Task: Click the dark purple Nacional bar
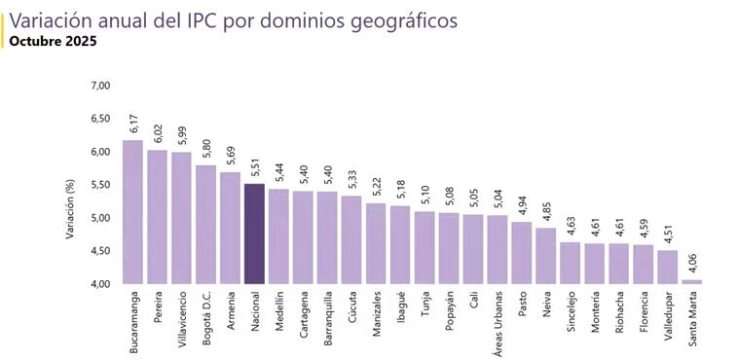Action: click(x=253, y=234)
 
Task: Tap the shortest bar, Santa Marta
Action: click(x=691, y=281)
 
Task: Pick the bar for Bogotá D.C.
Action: click(x=205, y=224)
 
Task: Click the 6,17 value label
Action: click(x=133, y=125)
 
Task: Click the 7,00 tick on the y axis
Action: click(x=100, y=86)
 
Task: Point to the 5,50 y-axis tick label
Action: click(x=100, y=185)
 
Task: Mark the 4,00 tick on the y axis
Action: click(x=100, y=284)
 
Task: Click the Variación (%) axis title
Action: click(x=70, y=185)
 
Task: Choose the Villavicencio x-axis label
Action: click(x=181, y=323)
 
